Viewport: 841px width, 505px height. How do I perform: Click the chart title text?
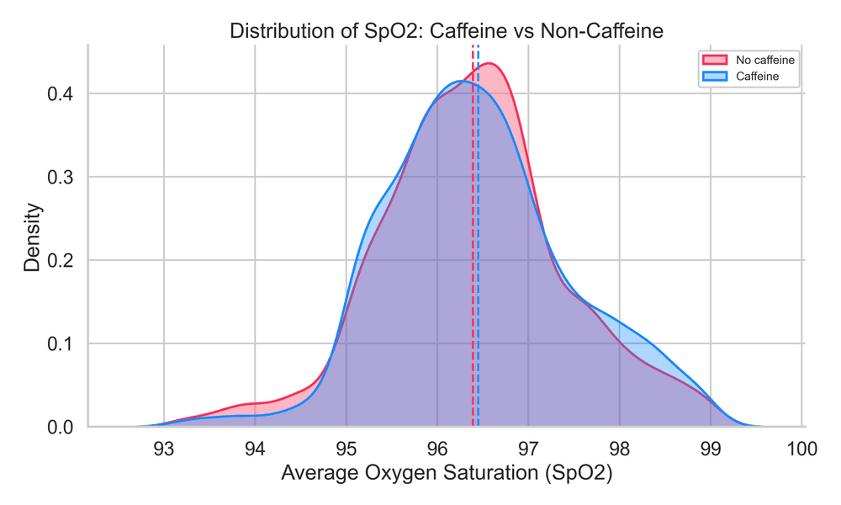pyautogui.click(x=447, y=31)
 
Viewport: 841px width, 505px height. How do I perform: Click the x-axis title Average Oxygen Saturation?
pyautogui.click(x=447, y=473)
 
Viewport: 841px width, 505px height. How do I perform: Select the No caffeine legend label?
pyautogui.click(x=764, y=60)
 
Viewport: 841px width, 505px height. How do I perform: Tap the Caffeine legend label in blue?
pyautogui.click(x=756, y=76)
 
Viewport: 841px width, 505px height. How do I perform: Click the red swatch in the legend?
pyautogui.click(x=714, y=60)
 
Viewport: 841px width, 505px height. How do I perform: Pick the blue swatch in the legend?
pyautogui.click(x=714, y=76)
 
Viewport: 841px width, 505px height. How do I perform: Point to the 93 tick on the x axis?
pyautogui.click(x=163, y=448)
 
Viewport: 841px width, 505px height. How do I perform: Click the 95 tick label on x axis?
pyautogui.click(x=346, y=448)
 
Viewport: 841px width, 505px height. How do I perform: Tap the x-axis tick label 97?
pyautogui.click(x=528, y=448)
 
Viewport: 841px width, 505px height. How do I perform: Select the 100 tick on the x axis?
pyautogui.click(x=802, y=448)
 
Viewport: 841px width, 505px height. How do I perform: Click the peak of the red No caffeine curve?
pyautogui.click(x=489, y=64)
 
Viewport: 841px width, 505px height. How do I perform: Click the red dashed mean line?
pyautogui.click(x=473, y=252)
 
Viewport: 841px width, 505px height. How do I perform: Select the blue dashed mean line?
pyautogui.click(x=479, y=252)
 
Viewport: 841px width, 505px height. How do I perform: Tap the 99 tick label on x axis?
pyautogui.click(x=711, y=448)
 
